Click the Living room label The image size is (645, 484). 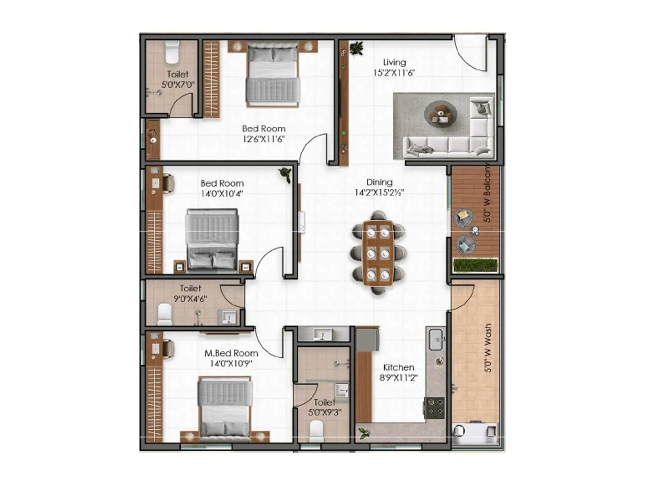[x=394, y=63]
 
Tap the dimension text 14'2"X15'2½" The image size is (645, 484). [x=379, y=193]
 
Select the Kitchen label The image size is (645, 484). [x=398, y=367]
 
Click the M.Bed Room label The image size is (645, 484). [x=231, y=353]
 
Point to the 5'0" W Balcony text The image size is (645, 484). [x=487, y=192]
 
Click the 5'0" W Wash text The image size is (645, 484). [x=488, y=348]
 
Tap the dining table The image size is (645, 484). [x=378, y=252]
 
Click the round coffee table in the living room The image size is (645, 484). [x=440, y=113]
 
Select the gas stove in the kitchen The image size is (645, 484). [x=435, y=407]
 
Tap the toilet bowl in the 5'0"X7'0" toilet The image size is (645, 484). [x=172, y=53]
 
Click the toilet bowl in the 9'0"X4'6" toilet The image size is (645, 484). [x=164, y=314]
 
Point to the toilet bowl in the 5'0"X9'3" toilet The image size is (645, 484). [x=316, y=431]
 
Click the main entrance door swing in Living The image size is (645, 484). [x=470, y=52]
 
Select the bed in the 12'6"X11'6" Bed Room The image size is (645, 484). [x=273, y=76]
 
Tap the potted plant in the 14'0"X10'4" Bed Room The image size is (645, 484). [x=286, y=174]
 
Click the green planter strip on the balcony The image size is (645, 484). [x=475, y=265]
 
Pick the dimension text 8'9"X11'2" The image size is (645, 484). [x=398, y=378]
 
